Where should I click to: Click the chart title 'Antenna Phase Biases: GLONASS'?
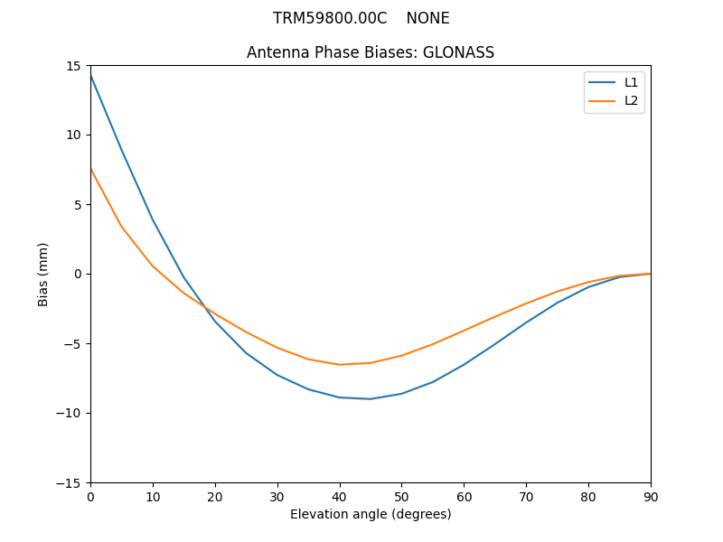(x=371, y=52)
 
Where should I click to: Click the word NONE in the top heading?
(x=427, y=18)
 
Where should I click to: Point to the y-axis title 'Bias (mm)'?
(x=43, y=274)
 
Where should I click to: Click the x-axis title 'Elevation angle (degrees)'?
(x=371, y=514)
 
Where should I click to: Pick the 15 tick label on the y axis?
(x=72, y=66)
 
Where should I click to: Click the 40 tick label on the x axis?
(x=339, y=496)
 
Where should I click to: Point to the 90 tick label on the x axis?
(x=651, y=496)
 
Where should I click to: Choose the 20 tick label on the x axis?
(x=215, y=496)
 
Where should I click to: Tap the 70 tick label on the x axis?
(x=526, y=496)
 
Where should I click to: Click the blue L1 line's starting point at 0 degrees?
(x=90, y=75)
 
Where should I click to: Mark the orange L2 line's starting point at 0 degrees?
(x=90, y=169)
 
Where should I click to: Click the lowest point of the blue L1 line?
(x=371, y=398)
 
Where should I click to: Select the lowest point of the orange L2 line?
(x=340, y=365)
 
